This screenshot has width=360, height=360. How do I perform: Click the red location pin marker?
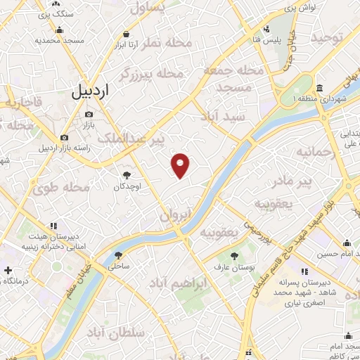(x=181, y=165)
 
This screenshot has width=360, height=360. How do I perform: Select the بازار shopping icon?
(x=88, y=114)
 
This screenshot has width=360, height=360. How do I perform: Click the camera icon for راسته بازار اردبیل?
(x=65, y=137)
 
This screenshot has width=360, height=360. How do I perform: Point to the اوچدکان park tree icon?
(x=127, y=175)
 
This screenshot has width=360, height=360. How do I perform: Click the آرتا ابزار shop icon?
(x=126, y=33)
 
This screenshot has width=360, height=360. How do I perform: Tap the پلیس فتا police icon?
(x=266, y=30)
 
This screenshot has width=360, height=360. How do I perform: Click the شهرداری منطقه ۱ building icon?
(x=319, y=89)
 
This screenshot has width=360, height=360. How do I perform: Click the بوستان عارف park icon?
(x=234, y=255)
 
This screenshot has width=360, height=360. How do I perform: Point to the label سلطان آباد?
(x=119, y=331)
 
